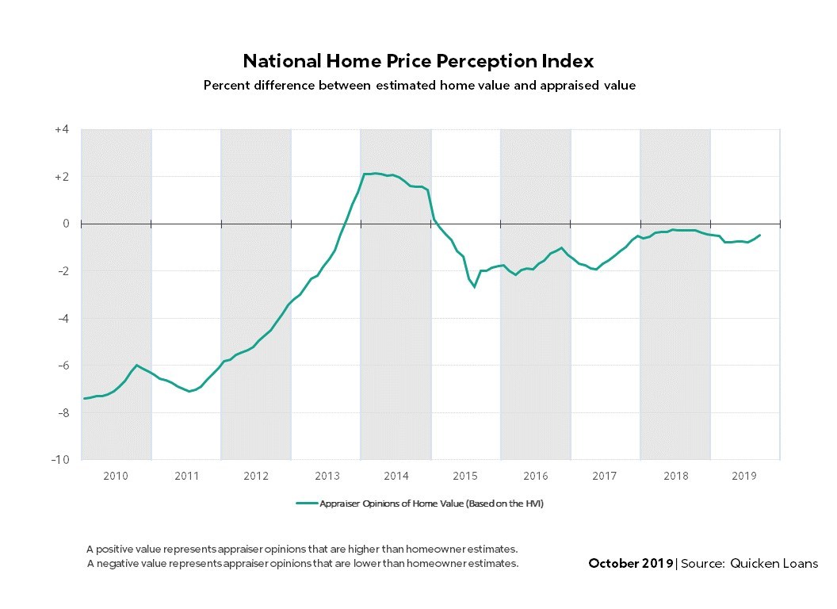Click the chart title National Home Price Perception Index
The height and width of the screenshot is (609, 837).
pos(418,61)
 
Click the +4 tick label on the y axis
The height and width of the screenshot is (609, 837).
pos(62,129)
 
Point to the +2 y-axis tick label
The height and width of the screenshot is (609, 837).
pos(62,177)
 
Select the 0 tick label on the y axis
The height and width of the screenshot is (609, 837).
pos(67,224)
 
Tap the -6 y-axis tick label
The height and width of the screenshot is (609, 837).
pos(63,366)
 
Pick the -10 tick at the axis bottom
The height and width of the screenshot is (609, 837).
pos(60,460)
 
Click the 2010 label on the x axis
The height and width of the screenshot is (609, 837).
pos(116,477)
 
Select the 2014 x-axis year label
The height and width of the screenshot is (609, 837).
pos(396,477)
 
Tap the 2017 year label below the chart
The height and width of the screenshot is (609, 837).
pos(605,477)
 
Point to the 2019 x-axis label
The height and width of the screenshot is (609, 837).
pos(744,477)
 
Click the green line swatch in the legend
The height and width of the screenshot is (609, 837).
pos(306,503)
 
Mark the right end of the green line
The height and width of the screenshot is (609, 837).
pos(760,235)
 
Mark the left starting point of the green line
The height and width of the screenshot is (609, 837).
pos(84,398)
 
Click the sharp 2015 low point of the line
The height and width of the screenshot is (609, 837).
pos(475,286)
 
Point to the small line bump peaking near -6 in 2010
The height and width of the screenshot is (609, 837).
pos(137,366)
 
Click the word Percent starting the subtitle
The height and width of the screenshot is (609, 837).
pos(226,85)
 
